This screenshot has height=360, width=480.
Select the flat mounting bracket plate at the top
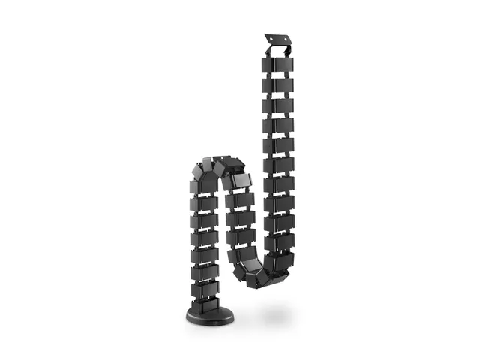278,38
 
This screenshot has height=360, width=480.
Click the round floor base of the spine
209,314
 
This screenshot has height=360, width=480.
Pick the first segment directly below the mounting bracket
278,66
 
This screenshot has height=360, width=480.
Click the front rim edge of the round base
209,321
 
